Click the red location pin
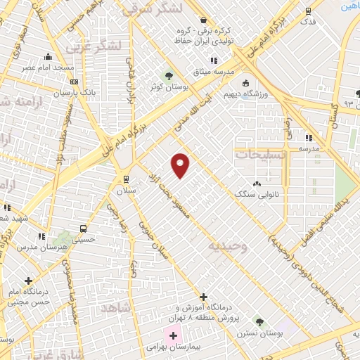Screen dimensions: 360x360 point(181,165)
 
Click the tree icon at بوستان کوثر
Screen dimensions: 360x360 point(168,75)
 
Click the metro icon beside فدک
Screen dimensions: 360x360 point(307,11)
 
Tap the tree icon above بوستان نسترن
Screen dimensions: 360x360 point(259,321)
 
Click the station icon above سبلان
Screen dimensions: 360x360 point(126,179)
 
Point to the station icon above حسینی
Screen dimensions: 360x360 point(84,229)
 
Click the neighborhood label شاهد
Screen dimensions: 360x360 point(116,309)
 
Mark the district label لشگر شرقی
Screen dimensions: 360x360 point(150,8)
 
